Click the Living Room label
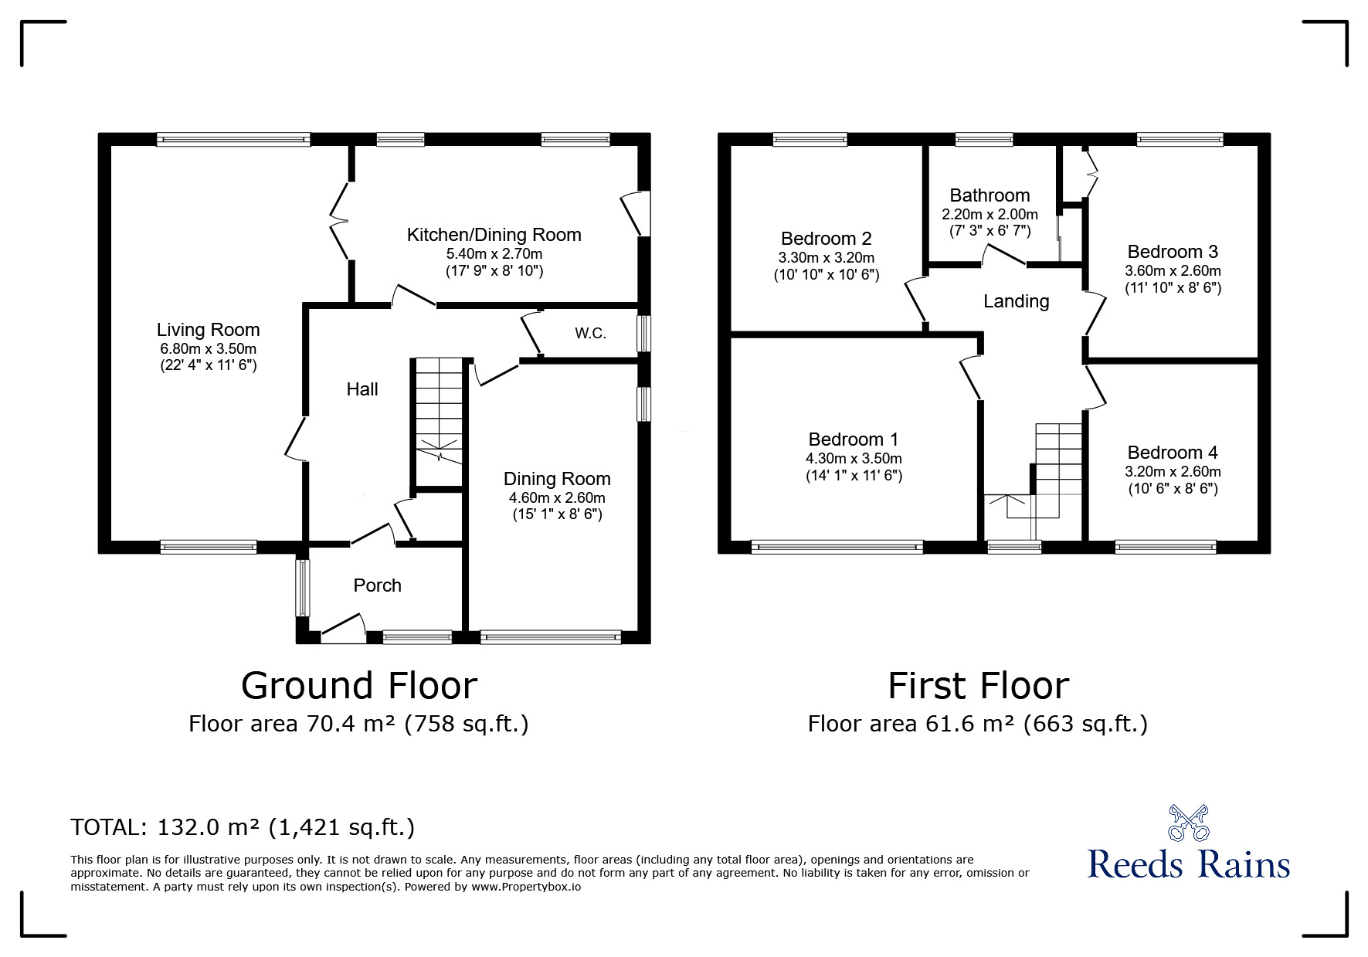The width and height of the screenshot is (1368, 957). pyautogui.click(x=208, y=330)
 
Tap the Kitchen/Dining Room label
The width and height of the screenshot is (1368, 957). pyautogui.click(x=494, y=235)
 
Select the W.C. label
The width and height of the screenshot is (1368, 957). pyautogui.click(x=590, y=334)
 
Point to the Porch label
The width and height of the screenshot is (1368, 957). pyautogui.click(x=378, y=585)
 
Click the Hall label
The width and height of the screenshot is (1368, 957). pyautogui.click(x=362, y=389)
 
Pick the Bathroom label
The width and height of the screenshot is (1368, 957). pyautogui.click(x=990, y=195)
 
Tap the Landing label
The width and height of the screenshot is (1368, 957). pyautogui.click(x=1017, y=301)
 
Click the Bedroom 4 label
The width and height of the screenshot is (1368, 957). pyautogui.click(x=1173, y=453)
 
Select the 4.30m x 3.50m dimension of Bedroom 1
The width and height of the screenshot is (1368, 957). pyautogui.click(x=854, y=459)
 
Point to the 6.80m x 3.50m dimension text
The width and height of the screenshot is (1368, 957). pyautogui.click(x=209, y=349)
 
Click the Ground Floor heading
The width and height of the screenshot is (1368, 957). pyautogui.click(x=359, y=686)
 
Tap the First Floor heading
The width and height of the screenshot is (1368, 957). pyautogui.click(x=979, y=686)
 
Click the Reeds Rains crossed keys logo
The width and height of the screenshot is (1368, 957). pyautogui.click(x=1189, y=823)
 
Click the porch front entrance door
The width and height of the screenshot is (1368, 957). pyautogui.click(x=343, y=629)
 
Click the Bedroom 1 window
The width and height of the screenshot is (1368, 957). pyautogui.click(x=837, y=548)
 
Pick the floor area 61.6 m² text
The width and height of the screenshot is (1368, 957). pyautogui.click(x=978, y=724)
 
